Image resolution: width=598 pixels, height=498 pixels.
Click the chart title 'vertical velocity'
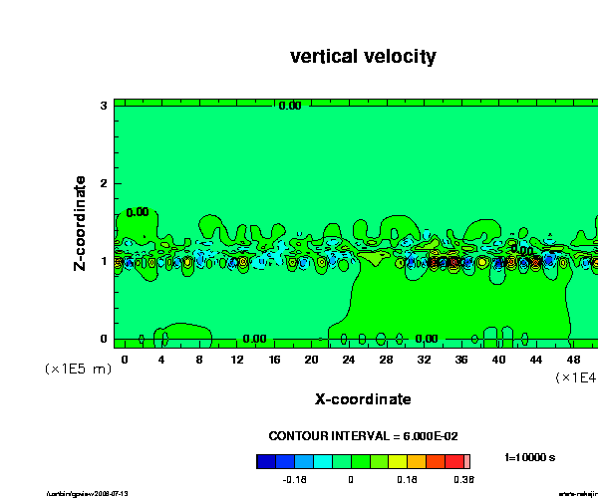[363, 57]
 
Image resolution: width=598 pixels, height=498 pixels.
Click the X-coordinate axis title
[363, 399]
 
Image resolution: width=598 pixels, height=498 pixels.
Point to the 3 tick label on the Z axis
[104, 105]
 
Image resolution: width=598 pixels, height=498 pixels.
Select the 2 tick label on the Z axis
[104, 182]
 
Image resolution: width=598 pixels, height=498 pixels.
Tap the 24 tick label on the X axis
[350, 358]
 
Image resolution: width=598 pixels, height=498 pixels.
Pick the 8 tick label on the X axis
[200, 358]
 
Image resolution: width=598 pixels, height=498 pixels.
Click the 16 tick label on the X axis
[275, 358]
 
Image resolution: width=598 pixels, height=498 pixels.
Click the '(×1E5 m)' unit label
[78, 369]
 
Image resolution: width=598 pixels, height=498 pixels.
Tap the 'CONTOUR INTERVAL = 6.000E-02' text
[363, 436]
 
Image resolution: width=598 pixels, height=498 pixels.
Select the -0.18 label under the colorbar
[293, 479]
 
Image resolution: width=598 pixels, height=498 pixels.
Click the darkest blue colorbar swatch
[265, 461]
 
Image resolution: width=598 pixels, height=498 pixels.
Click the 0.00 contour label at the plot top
[289, 106]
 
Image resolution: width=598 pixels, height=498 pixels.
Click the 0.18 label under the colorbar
[406, 479]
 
